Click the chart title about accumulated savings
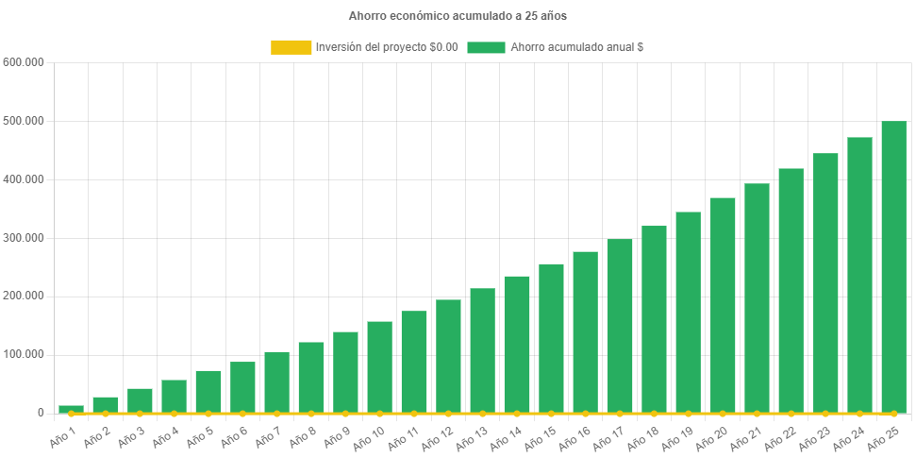[458, 16]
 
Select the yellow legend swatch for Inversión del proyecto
[291, 47]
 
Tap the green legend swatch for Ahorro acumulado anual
[486, 47]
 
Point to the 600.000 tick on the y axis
[24, 62]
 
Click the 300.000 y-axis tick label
[24, 238]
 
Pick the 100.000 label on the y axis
[24, 354]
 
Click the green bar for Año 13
[482, 350]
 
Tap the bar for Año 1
[71, 409]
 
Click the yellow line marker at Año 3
[140, 414]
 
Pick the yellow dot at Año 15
[551, 414]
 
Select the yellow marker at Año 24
[859, 414]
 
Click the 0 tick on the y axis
[41, 413]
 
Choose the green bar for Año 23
[825, 282]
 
